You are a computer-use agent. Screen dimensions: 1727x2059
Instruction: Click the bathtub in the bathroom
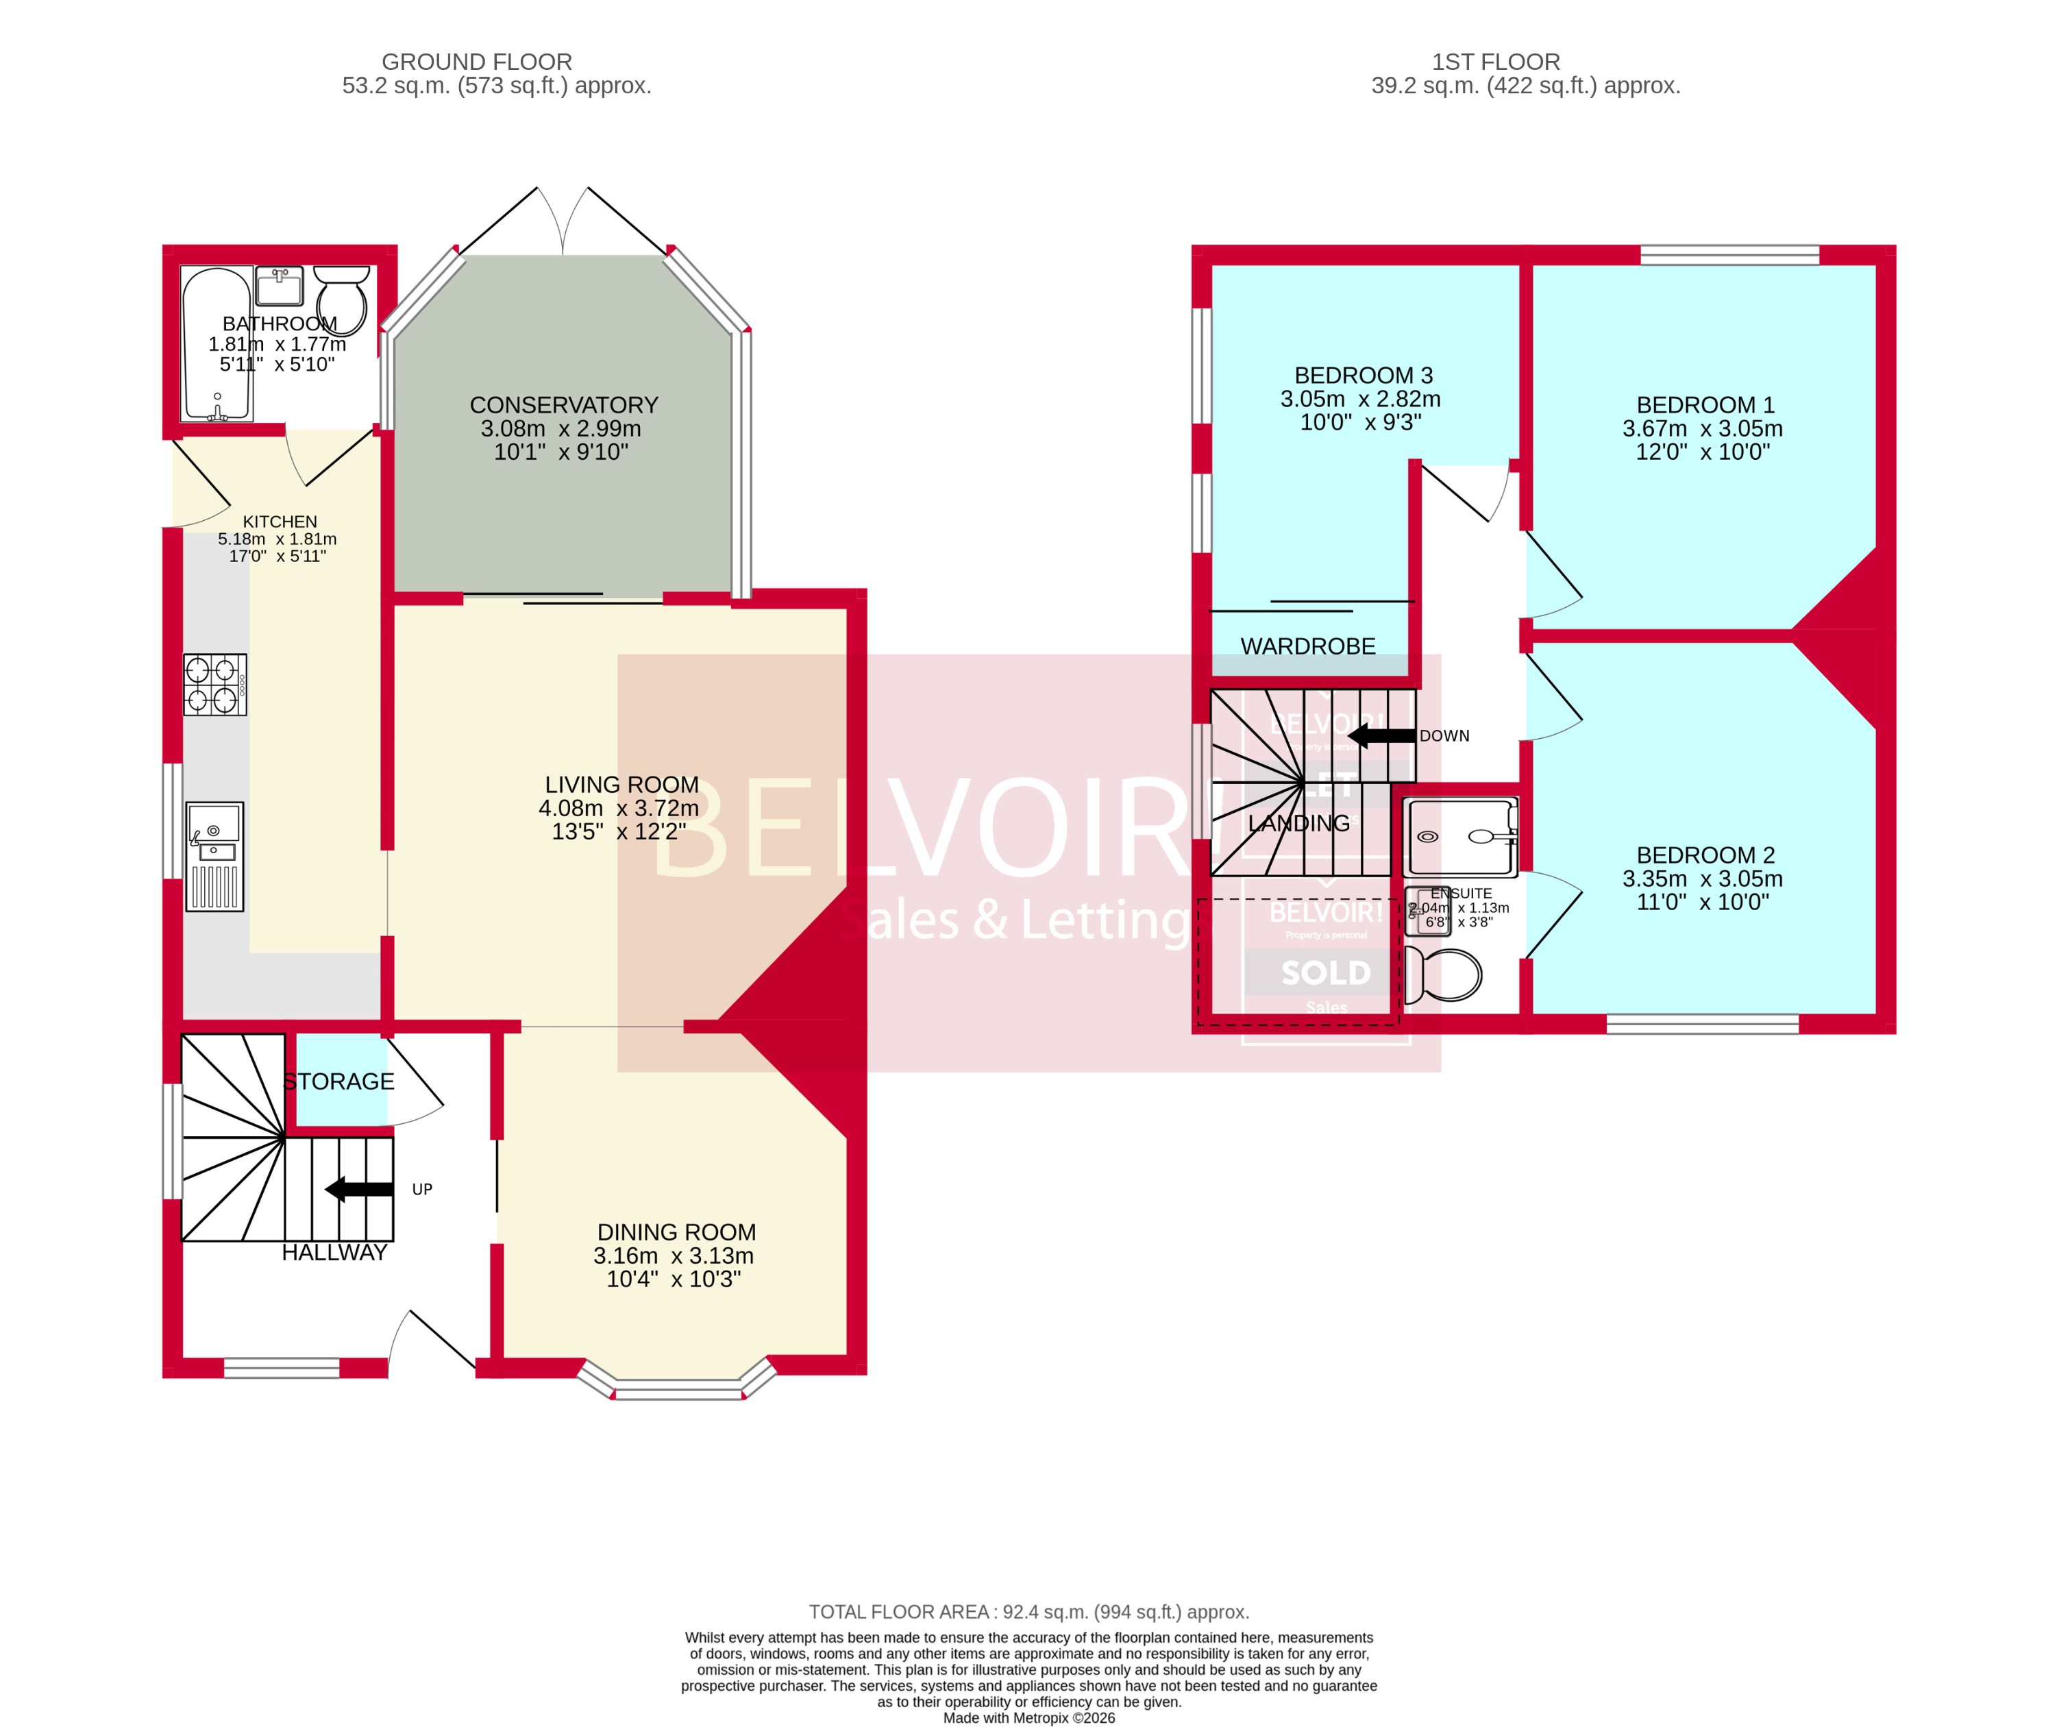[x=217, y=343]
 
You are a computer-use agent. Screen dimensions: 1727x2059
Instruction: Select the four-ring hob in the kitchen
[x=214, y=685]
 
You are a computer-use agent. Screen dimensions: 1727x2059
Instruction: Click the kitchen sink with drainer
[x=214, y=856]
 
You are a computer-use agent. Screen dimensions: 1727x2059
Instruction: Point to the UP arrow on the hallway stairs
[x=359, y=1188]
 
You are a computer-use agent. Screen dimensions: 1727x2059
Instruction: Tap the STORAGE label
[x=338, y=1081]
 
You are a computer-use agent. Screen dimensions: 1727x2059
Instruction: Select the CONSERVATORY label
[x=564, y=405]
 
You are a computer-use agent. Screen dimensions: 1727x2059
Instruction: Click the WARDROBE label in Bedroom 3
[x=1308, y=646]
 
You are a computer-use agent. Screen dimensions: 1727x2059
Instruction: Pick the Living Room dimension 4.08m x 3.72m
[x=619, y=808]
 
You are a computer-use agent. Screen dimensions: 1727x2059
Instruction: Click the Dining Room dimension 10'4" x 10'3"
[x=674, y=1279]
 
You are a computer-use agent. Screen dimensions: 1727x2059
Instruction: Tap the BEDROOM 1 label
[x=1705, y=405]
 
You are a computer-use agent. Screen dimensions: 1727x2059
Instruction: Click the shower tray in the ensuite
[x=1459, y=837]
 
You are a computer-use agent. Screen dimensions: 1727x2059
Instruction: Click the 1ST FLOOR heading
[x=1495, y=62]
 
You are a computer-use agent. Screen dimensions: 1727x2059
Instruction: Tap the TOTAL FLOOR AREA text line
[x=1028, y=1613]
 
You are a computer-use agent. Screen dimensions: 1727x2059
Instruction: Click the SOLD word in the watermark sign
[x=1326, y=973]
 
